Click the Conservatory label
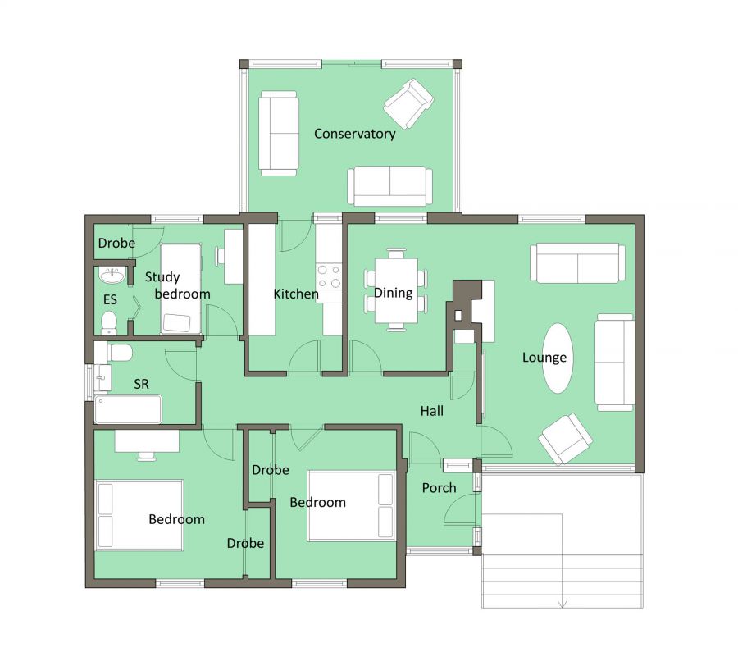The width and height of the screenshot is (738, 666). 354,134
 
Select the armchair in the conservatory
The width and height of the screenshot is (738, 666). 408,103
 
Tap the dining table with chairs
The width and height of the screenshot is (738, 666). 395,291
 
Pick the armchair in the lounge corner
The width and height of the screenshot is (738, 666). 566,438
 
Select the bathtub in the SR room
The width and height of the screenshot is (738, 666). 128,408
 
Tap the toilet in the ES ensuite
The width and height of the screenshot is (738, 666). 110,323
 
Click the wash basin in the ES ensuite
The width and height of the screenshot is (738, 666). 111,274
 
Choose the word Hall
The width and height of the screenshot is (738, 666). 432,410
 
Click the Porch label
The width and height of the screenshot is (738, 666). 439,488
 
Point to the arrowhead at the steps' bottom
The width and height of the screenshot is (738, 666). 562,604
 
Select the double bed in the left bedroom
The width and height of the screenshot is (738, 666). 139,514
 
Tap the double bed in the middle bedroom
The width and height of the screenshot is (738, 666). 351,505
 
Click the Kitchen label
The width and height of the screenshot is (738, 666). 295,294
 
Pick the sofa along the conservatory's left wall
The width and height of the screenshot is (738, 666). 279,133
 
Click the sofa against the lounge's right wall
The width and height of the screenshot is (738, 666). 613,361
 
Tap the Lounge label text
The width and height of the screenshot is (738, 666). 544,358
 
